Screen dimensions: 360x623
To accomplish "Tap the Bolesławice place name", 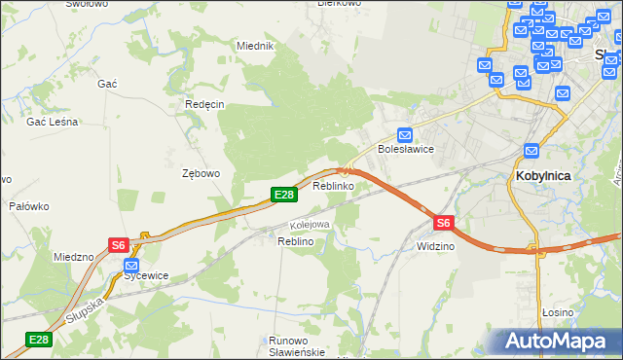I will pos(405,150).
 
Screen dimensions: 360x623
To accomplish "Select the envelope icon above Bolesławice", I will pos(405,135).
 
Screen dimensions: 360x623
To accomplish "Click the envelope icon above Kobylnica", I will pos(531,151).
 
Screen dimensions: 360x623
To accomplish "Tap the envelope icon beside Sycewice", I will pos(131,263).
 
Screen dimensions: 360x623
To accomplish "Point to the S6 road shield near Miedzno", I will pos(119,246).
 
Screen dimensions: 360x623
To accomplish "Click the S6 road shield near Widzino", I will pos(443,223).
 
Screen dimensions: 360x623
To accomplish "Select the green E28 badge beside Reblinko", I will pos(283,196).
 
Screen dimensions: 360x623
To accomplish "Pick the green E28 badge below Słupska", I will pos(38,340).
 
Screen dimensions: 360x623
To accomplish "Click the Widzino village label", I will pos(435,247).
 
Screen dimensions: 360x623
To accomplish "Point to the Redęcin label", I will pos(204,104).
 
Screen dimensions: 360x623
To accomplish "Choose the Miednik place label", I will pos(256,46).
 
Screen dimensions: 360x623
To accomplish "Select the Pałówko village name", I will pos(28,206).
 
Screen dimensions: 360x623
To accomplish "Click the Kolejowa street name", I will pos(310,225).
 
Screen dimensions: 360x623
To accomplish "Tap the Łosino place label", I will pos(557,312).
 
